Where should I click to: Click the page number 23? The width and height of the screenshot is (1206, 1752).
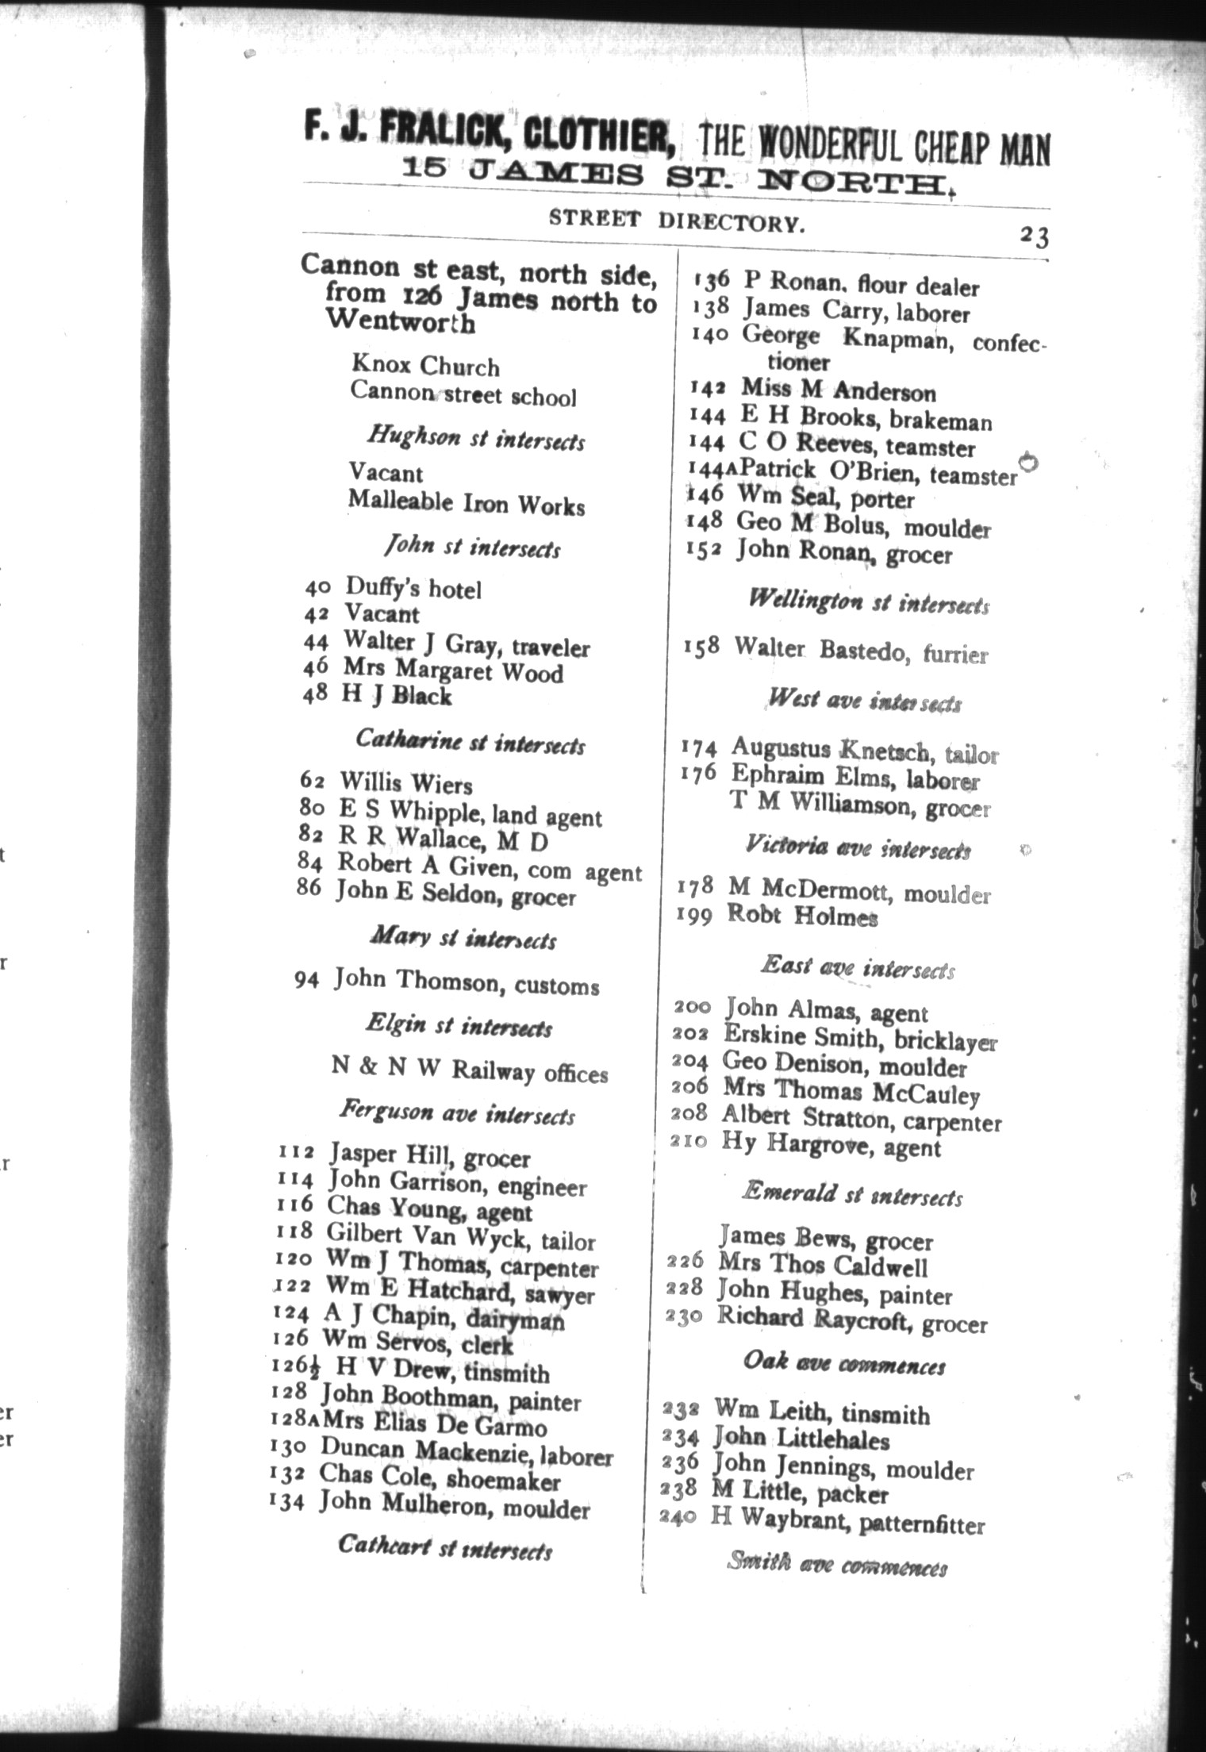point(1034,236)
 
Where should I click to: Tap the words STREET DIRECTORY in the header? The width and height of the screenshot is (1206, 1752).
point(677,221)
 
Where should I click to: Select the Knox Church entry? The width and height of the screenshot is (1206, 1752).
point(425,367)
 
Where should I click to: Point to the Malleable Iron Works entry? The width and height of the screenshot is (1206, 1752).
point(467,504)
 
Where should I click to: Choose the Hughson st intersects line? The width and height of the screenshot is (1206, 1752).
point(475,438)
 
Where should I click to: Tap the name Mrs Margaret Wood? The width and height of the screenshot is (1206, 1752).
point(453,672)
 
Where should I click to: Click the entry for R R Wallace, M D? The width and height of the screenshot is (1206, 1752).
point(444,838)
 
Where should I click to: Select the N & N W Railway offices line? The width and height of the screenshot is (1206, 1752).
point(469,1070)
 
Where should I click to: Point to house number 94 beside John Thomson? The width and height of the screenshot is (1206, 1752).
point(306,981)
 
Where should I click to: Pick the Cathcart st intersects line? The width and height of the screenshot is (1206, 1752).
point(444,1547)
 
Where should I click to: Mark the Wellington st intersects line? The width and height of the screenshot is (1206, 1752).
point(869,603)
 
